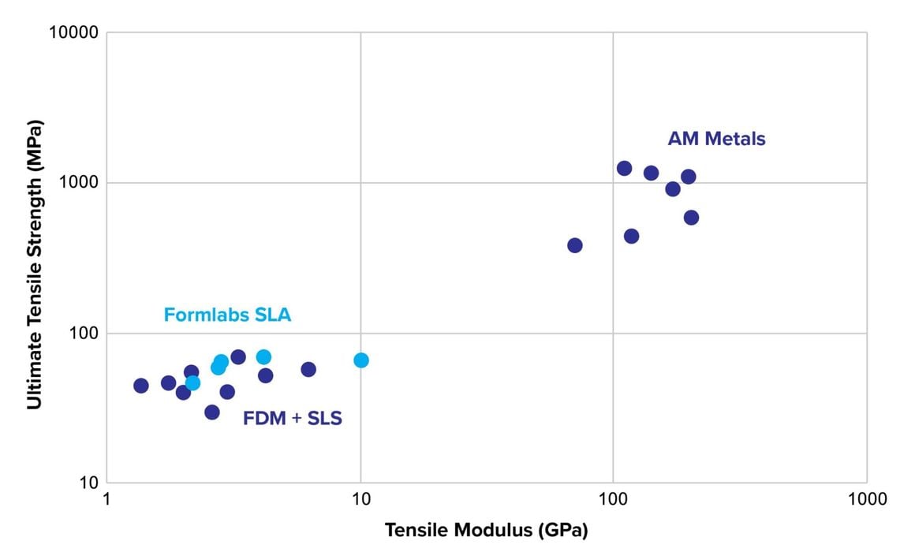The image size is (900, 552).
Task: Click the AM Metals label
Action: (x=716, y=139)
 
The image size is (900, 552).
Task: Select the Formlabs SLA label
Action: (x=227, y=315)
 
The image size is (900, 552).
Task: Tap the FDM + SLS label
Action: (x=292, y=419)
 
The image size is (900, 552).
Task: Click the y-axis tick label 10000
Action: (x=73, y=33)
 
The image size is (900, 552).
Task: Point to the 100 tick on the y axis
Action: (x=81, y=334)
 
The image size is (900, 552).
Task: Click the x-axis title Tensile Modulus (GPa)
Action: (x=487, y=531)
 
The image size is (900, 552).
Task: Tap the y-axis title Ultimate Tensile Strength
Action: (x=34, y=264)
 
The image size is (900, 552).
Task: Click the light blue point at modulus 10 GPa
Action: (x=360, y=360)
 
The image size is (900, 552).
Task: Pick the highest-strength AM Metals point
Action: (x=624, y=168)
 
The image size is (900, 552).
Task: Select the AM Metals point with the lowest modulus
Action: (x=574, y=245)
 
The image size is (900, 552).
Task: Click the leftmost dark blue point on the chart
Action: (x=140, y=386)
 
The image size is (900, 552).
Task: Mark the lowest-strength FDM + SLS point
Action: (x=211, y=412)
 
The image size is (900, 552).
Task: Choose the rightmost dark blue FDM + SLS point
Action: (x=308, y=369)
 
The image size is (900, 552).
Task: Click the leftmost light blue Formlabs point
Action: (x=192, y=383)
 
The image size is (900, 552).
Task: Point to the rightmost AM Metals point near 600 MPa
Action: (x=691, y=218)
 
